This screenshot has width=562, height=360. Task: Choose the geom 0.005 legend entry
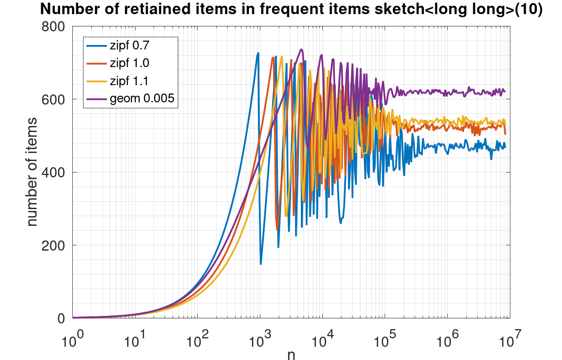[142, 99]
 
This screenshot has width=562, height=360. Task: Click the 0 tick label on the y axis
[62, 318]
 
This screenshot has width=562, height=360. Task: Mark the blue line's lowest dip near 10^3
[261, 264]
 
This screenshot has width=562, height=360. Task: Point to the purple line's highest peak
[301, 49]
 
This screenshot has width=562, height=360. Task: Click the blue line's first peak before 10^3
[258, 53]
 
